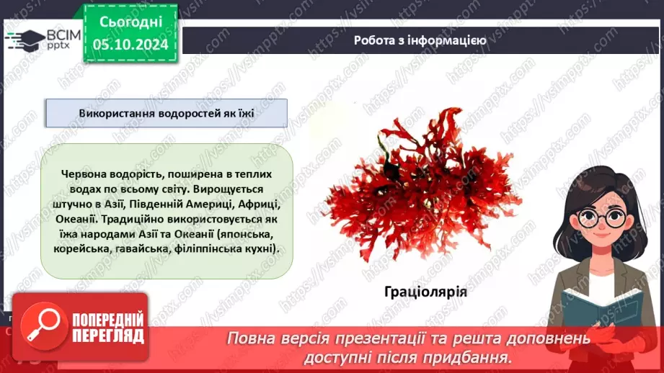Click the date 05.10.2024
[x=131, y=45]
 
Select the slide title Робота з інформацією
[x=420, y=40]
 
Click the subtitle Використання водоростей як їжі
[x=167, y=114]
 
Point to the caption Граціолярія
[x=425, y=292]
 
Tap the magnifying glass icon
[x=40, y=327]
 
